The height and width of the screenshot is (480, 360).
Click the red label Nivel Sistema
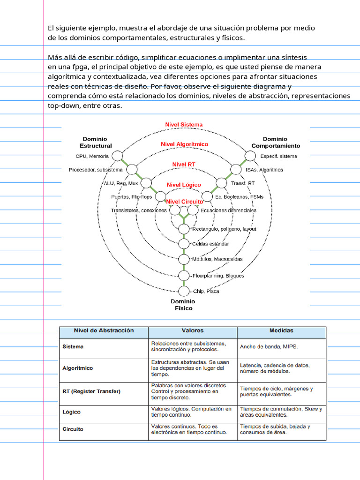coord(184,125)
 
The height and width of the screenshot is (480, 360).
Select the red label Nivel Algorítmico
coord(184,144)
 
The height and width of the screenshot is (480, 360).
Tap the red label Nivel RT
coord(184,165)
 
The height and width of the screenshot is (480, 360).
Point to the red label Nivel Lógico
coord(184,185)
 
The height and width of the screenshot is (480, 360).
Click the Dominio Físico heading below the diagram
coord(182,305)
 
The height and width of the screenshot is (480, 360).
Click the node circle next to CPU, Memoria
coord(117,156)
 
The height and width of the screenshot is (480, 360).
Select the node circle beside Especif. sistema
coord(250,156)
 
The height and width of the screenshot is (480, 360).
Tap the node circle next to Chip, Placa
coord(184,291)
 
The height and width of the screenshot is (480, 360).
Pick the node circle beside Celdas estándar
coord(184,244)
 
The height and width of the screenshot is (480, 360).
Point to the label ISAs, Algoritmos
coord(264,170)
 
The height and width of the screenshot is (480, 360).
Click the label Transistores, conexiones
coord(139,210)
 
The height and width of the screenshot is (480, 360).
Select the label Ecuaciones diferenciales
coord(228,210)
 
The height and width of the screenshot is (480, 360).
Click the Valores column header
coord(193,331)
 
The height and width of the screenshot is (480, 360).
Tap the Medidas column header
coord(281,331)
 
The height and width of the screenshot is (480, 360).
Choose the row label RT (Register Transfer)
coord(91,391)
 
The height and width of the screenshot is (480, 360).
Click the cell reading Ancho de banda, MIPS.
coord(269,347)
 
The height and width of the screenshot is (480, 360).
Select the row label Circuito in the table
coord(73,429)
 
